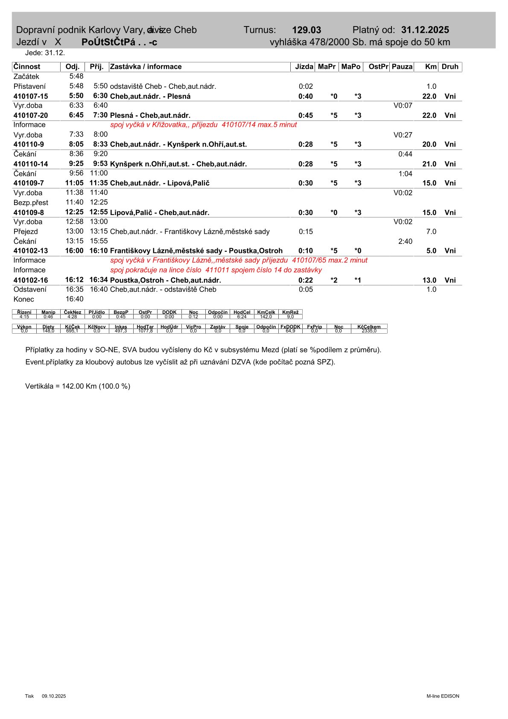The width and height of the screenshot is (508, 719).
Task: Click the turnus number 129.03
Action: pos(307,30)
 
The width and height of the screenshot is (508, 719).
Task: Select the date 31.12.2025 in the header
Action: pos(425,30)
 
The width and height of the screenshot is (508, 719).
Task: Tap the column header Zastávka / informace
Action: pos(146,67)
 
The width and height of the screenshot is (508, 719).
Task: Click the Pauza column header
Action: pos(402,67)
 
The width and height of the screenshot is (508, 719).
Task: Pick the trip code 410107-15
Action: pos(31,96)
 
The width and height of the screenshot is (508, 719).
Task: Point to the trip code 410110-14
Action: pos(31,164)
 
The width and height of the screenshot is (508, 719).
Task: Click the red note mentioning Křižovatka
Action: pos(203,125)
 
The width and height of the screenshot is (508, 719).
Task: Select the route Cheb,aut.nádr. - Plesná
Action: pos(150,96)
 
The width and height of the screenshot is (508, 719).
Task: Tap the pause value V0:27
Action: pos(403,135)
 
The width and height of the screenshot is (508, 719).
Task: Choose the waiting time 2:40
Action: pos(405,241)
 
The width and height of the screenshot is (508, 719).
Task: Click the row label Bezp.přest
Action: pos(31,202)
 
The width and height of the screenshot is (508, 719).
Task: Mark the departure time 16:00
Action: pos(74,251)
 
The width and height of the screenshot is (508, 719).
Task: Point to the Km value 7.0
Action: pos(431,232)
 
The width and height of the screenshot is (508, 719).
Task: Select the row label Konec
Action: pos(24,299)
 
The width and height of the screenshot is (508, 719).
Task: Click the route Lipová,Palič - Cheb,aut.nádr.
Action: pos(160,212)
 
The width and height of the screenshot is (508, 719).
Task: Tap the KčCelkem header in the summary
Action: pos(369,327)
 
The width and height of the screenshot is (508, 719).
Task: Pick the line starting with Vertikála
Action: pos(78,386)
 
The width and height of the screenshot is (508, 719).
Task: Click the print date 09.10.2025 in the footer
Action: pos(54,696)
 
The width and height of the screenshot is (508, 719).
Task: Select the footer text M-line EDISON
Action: pos(443,696)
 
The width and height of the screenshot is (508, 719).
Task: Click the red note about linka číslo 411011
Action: pos(216,270)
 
